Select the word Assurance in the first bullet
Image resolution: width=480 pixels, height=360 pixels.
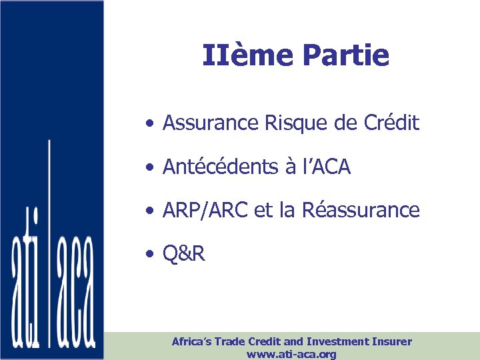click(x=204, y=123)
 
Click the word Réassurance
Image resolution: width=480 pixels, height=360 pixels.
click(x=361, y=211)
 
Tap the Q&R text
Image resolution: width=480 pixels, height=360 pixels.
click(x=184, y=254)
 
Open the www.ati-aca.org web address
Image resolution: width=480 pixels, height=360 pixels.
click(x=291, y=354)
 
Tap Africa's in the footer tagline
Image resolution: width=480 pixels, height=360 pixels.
click(x=192, y=341)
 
